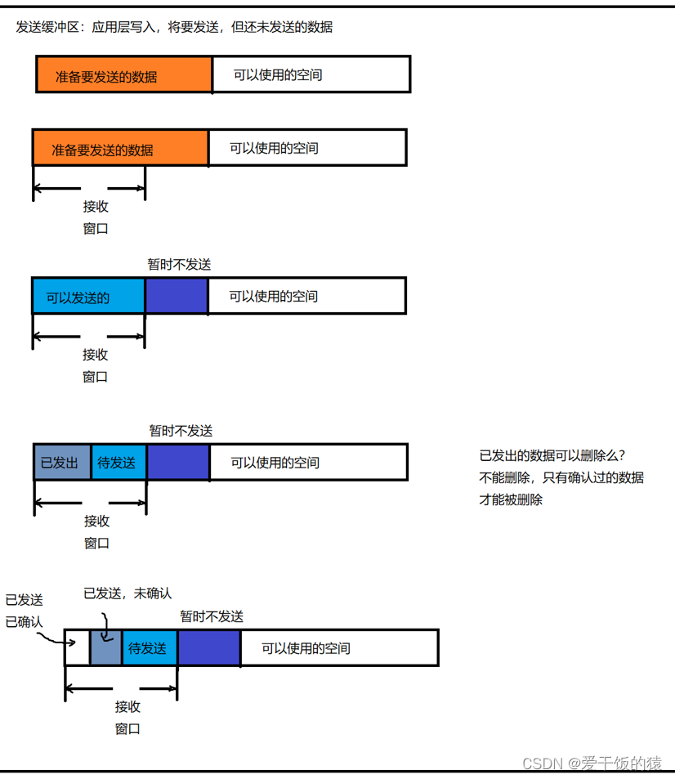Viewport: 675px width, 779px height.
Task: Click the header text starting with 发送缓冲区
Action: (x=174, y=27)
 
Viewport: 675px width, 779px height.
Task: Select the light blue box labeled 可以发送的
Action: (x=88, y=296)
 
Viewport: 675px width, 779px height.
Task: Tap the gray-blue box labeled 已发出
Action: (x=61, y=463)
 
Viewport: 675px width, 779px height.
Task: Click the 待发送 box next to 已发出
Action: (x=118, y=463)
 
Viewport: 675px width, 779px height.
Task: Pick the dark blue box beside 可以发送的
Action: (x=177, y=296)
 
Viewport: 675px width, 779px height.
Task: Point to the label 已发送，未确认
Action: (x=127, y=593)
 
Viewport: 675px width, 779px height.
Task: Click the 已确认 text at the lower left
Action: (x=24, y=622)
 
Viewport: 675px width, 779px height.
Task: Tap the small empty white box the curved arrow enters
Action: (x=77, y=648)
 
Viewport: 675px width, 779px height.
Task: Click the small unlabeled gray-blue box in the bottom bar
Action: (x=105, y=648)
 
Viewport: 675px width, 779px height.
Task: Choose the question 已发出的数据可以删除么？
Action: (x=552, y=455)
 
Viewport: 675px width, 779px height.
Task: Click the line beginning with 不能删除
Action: (x=561, y=477)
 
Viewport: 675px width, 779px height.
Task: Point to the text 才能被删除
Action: (x=511, y=499)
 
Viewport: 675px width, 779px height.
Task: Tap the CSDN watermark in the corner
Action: (x=591, y=763)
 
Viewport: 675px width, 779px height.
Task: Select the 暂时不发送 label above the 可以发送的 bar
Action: (x=179, y=264)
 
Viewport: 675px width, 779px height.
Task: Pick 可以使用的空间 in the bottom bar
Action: (x=306, y=648)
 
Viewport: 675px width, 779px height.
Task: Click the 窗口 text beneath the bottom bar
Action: (x=127, y=728)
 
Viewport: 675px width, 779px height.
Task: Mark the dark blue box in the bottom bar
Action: (x=208, y=648)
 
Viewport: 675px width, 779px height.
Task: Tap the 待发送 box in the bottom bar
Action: (x=149, y=648)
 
